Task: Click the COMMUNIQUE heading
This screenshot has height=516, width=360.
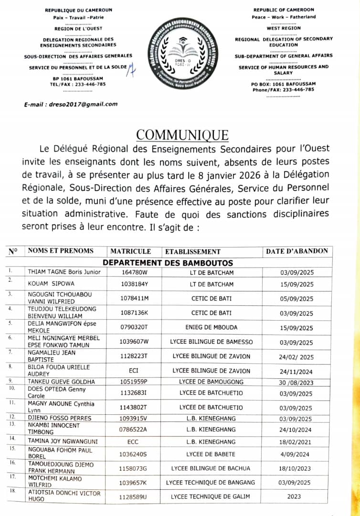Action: pos(182,135)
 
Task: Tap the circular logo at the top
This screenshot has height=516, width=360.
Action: pos(180,53)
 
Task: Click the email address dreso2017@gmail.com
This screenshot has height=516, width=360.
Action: pos(71,104)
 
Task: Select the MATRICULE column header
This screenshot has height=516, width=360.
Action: pos(130,251)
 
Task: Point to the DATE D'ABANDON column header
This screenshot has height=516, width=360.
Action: pos(297,251)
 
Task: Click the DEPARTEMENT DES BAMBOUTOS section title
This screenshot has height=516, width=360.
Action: pos(168,263)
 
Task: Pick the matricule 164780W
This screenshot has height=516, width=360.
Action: pos(136,272)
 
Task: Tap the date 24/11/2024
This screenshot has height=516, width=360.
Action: pos(296,371)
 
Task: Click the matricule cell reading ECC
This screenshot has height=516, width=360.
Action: pos(132,442)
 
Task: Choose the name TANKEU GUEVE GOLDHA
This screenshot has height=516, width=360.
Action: pos(61,382)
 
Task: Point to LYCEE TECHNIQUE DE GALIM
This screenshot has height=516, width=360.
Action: pos(211,496)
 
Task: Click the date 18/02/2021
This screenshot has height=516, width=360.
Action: pos(296,442)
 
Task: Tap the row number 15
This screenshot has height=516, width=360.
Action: pos(11,449)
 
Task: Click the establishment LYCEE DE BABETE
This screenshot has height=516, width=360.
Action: pos(211,453)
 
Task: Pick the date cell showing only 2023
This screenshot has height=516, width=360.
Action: pos(294,496)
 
